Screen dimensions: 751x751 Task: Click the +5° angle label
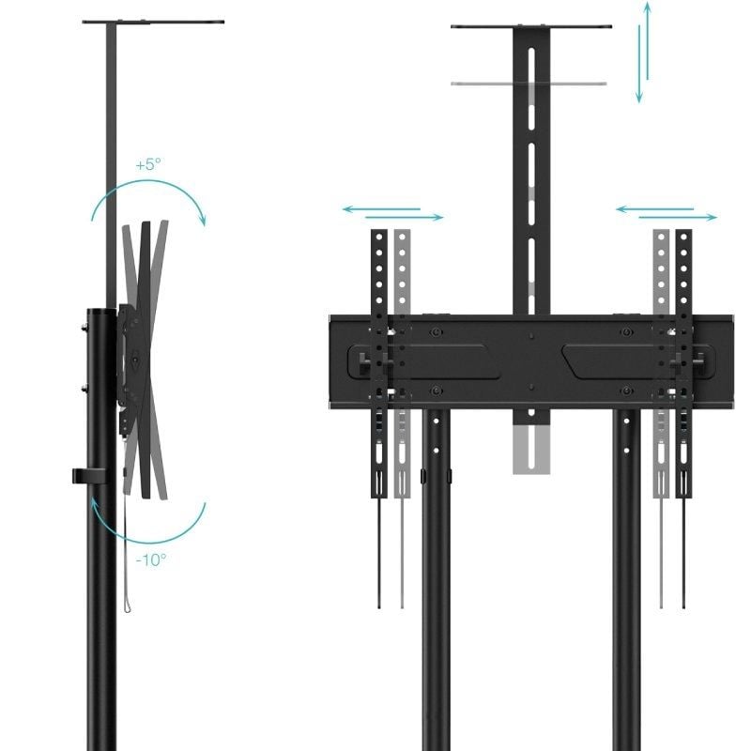tap(148, 164)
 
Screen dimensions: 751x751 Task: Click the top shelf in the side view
tap(153, 21)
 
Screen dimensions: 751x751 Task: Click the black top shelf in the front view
tap(531, 26)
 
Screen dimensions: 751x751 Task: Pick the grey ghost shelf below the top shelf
tap(531, 84)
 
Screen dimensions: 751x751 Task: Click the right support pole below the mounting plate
tap(627, 582)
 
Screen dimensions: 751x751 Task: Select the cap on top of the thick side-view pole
tap(100, 314)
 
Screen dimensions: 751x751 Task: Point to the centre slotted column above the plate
tap(531, 169)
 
